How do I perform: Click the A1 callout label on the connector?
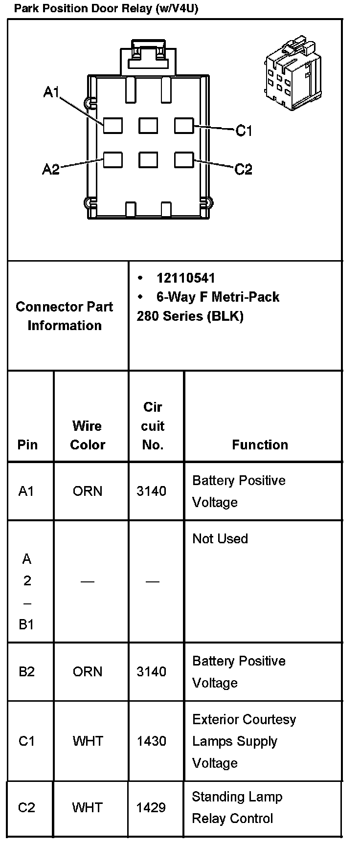[51, 92]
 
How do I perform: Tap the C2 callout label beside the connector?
[243, 169]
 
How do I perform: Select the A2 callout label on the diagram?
[51, 169]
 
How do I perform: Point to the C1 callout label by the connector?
[244, 131]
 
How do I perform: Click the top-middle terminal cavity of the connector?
[148, 126]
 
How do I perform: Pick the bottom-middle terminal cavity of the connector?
[148, 160]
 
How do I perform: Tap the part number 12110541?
[185, 278]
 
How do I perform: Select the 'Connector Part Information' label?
[65, 316]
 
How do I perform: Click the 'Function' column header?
[260, 444]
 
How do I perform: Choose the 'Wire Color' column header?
[88, 435]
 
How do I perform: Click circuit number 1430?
[152, 741]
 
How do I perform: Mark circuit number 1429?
[151, 807]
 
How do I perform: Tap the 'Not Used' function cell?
[220, 538]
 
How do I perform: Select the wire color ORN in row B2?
[88, 671]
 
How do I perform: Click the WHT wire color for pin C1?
[88, 741]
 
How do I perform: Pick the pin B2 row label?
[26, 671]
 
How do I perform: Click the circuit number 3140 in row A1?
[152, 491]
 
